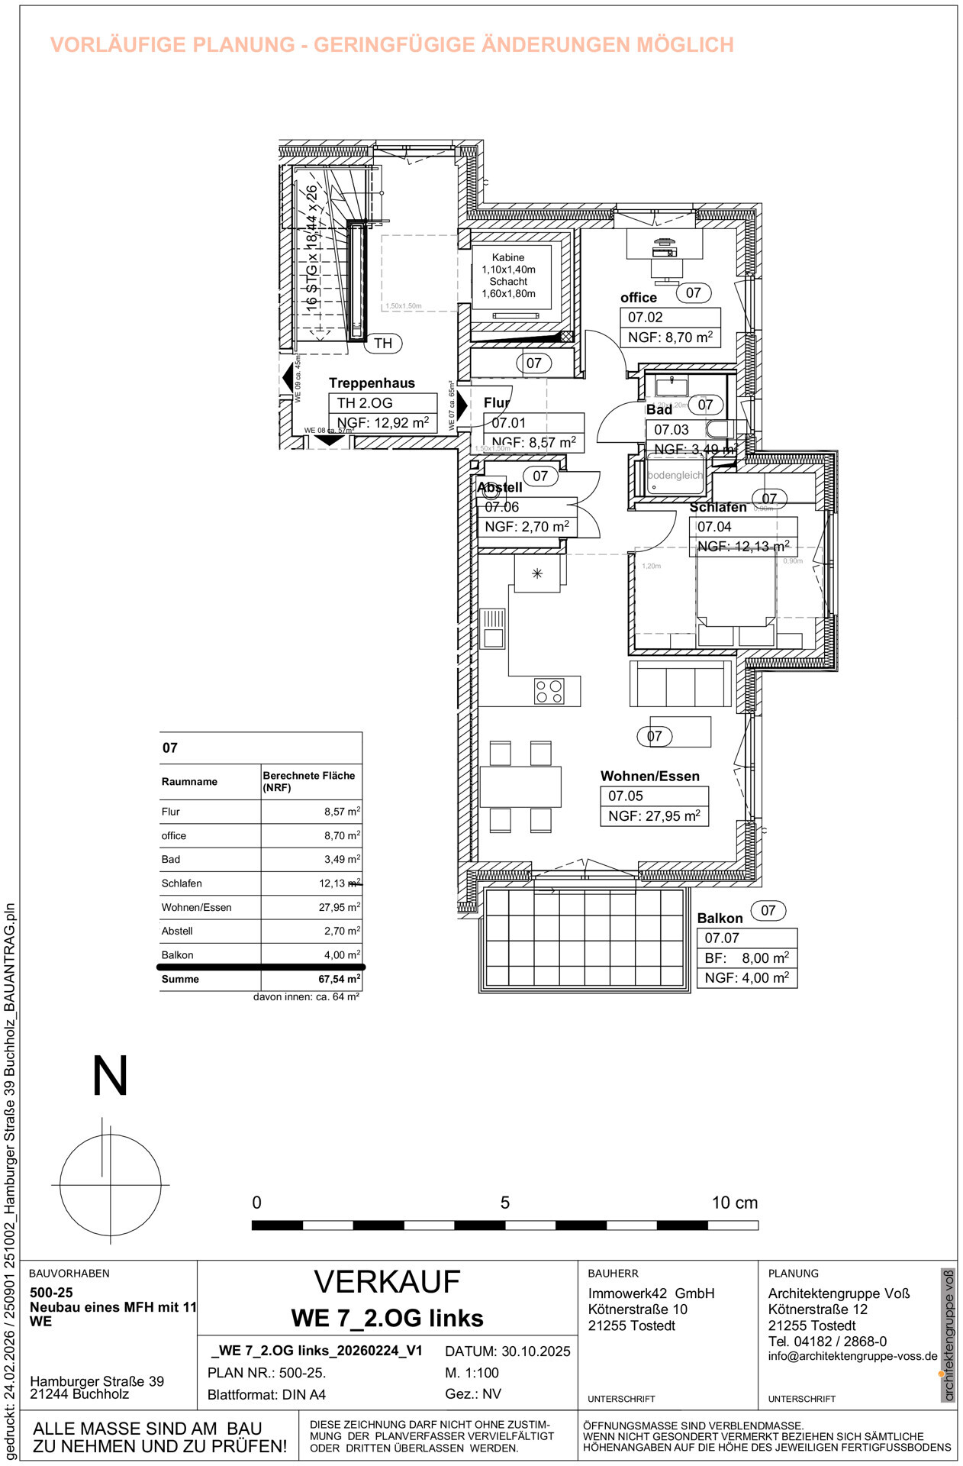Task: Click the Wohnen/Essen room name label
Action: click(649, 776)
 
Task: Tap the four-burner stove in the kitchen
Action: click(549, 691)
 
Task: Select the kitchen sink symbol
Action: click(493, 628)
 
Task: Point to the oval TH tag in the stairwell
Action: click(383, 344)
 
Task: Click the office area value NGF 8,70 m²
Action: click(670, 337)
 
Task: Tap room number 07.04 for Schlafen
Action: click(714, 527)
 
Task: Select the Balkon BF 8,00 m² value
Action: click(746, 957)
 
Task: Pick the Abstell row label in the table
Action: click(177, 931)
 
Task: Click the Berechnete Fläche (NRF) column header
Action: click(309, 781)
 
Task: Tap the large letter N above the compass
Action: click(110, 1076)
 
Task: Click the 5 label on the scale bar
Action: click(504, 1203)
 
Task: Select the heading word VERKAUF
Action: click(387, 1282)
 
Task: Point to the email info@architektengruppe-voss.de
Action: click(852, 1356)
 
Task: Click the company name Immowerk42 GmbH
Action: click(651, 1293)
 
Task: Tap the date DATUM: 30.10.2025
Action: click(507, 1351)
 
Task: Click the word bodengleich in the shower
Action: click(675, 475)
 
